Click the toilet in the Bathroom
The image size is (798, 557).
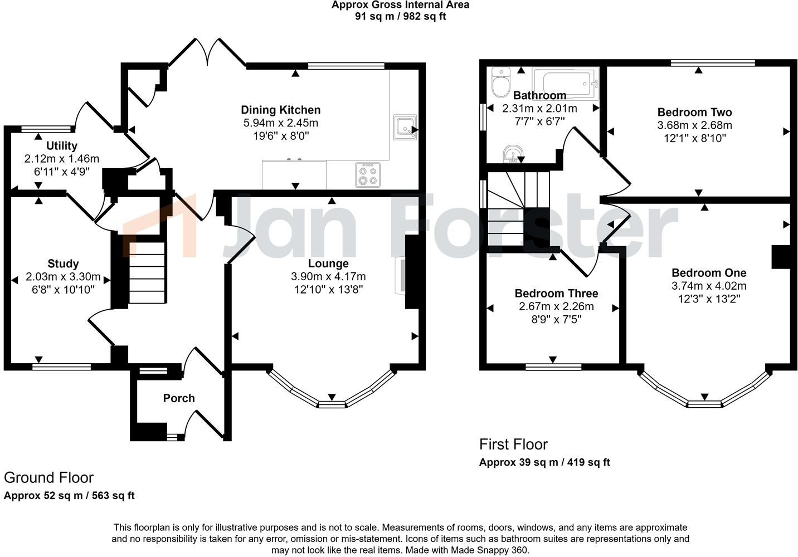point(500,82)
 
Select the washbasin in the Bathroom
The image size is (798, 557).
point(512,154)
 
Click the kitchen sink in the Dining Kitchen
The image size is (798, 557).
point(404,127)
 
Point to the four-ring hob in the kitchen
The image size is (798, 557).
point(368,174)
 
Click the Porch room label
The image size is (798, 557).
point(179,398)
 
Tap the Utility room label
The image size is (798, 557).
point(62,146)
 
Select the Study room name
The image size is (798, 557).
point(63,263)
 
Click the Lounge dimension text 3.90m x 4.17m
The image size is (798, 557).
point(328,276)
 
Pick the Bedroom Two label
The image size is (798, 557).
point(694,113)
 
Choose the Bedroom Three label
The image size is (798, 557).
point(556,294)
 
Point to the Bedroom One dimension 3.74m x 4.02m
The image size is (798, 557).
point(709,286)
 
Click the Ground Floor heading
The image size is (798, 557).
point(48,478)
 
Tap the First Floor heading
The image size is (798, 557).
point(513,444)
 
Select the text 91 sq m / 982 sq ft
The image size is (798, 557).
point(400,16)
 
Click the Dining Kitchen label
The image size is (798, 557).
point(280,110)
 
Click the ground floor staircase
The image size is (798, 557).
point(147,273)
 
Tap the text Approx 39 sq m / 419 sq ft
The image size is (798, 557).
point(544,462)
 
